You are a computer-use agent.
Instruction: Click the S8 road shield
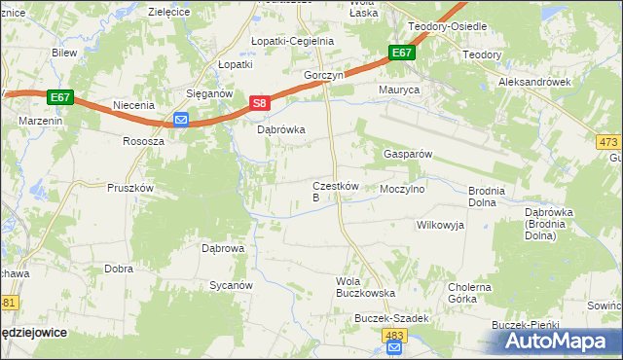[x=258, y=102]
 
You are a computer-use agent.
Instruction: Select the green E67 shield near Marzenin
[x=59, y=97]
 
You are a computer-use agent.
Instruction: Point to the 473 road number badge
[x=610, y=141]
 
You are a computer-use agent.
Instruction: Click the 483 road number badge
[x=393, y=335]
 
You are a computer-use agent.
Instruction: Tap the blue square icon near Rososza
[x=181, y=120]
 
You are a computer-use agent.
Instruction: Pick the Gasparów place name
[x=408, y=154]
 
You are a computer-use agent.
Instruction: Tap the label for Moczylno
[x=403, y=190]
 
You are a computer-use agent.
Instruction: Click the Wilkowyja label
[x=441, y=225]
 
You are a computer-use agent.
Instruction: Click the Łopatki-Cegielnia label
[x=292, y=42]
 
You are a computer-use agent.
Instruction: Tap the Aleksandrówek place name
[x=534, y=83]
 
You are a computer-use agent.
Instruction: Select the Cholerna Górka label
[x=470, y=293]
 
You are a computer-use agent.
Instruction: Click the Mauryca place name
[x=398, y=90]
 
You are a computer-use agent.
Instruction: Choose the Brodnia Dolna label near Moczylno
[x=486, y=198]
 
